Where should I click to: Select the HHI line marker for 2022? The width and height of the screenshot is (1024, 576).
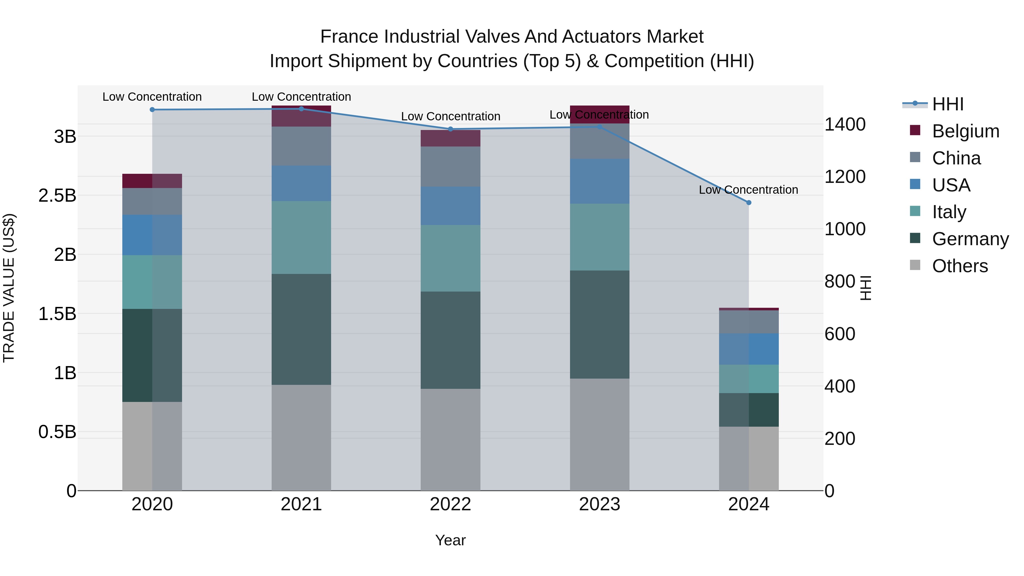tap(450, 129)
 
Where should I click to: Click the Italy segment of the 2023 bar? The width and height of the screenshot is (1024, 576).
tap(599, 237)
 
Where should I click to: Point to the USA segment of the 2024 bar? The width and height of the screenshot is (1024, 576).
tap(749, 349)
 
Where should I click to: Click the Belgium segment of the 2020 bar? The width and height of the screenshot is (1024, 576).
tap(152, 181)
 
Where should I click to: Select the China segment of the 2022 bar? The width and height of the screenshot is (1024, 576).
tap(450, 167)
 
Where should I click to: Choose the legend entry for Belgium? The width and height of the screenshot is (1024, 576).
tap(965, 131)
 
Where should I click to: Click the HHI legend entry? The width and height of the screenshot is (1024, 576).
tap(948, 104)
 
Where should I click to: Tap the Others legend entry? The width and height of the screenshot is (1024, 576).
tap(960, 266)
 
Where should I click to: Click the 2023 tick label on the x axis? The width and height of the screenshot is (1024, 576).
tap(599, 504)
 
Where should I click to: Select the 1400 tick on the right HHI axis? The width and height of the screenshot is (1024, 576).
tap(845, 124)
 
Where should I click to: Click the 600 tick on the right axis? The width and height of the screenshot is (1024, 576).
tap(840, 334)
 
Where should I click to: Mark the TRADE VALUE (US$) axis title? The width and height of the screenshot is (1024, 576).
tap(9, 288)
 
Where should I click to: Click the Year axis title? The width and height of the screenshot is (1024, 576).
tap(450, 540)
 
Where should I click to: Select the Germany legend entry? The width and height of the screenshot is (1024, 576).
tap(970, 239)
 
